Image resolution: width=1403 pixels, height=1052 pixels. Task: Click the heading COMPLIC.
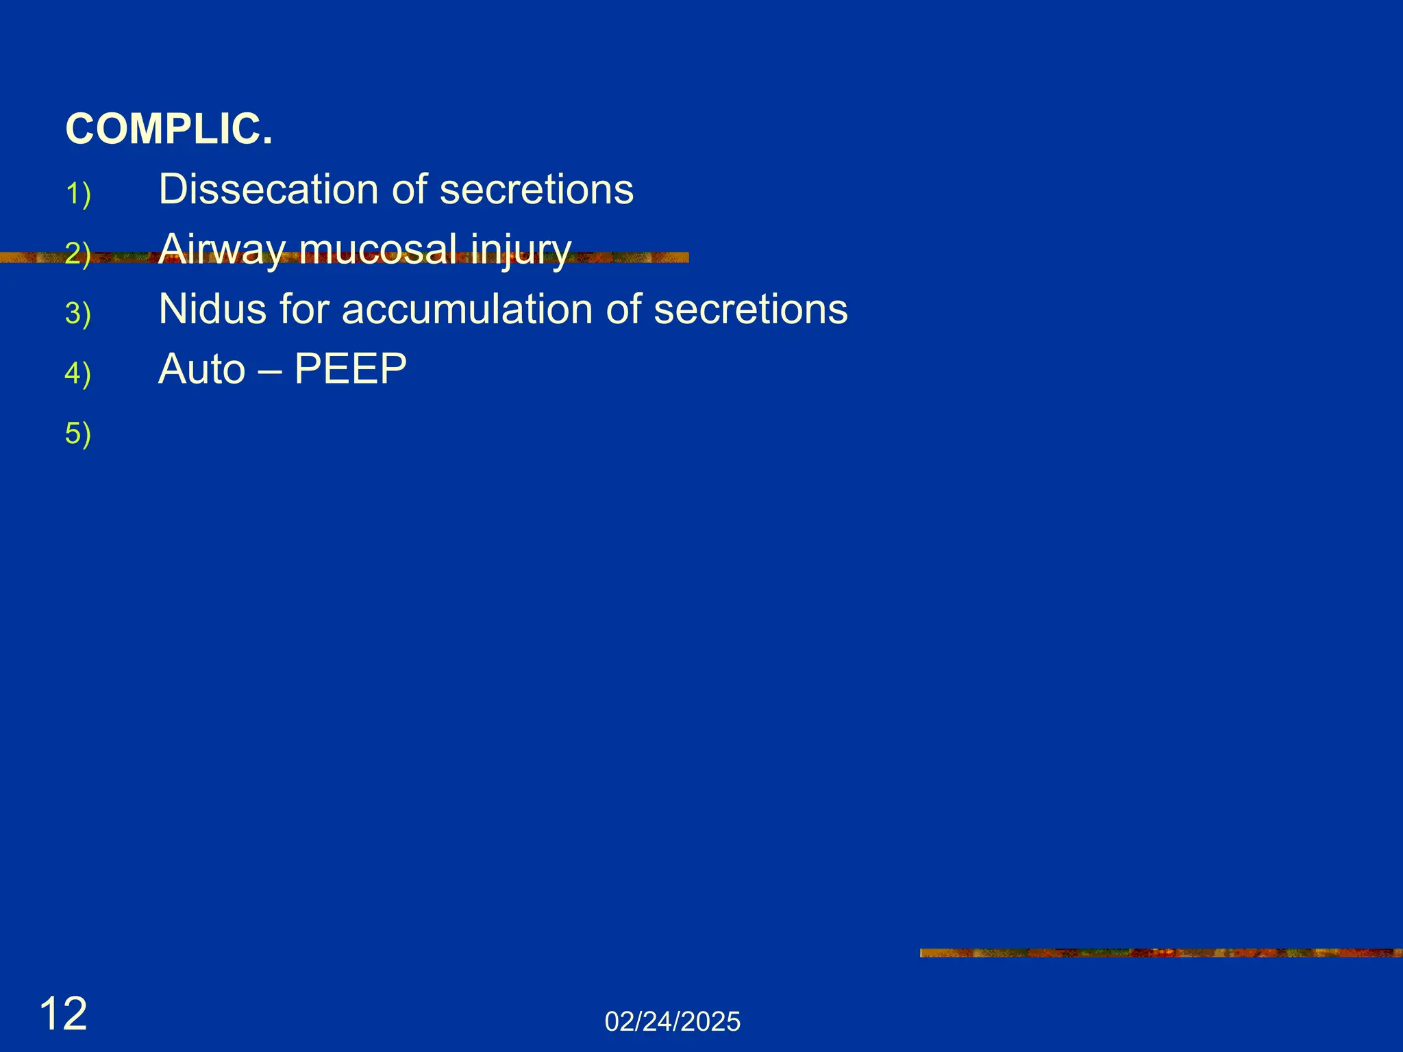click(x=169, y=129)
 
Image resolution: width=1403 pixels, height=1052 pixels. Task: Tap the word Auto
click(x=201, y=369)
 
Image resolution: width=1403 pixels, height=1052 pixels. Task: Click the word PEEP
click(x=350, y=369)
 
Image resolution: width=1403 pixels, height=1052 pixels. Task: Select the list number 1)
click(x=78, y=194)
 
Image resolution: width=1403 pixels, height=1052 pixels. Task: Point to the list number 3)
click(x=78, y=314)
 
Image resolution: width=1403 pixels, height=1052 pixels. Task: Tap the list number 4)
click(x=78, y=374)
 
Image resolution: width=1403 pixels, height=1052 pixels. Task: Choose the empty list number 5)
click(x=78, y=434)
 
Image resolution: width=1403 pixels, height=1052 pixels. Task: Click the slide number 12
click(x=64, y=1014)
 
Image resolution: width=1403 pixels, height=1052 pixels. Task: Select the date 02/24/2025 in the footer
click(x=673, y=1022)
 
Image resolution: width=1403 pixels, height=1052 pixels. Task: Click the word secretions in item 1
click(x=536, y=189)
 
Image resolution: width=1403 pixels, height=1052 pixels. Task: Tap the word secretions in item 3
click(x=751, y=309)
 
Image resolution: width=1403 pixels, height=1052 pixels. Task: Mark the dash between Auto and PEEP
click(x=270, y=371)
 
